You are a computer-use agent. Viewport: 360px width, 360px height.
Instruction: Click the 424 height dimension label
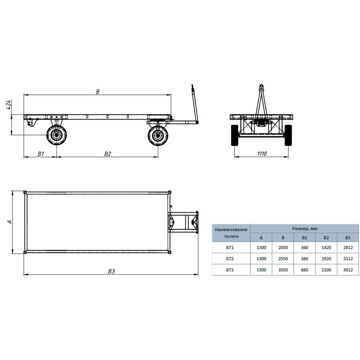pos(8,105)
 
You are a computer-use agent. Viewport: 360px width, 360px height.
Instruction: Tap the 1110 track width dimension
pos(262,154)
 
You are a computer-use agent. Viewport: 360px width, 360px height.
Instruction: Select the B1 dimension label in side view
pos(41,154)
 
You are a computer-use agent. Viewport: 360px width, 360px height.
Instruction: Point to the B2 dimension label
pos(107,154)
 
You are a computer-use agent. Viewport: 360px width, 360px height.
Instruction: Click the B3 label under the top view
pos(111,271)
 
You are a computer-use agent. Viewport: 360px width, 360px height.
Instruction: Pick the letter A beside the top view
pos(10,222)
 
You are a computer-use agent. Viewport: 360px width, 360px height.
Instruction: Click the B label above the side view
pos(98,91)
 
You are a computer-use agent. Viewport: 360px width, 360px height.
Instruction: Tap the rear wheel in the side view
pos(57,135)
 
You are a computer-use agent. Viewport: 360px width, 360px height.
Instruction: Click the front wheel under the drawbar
pos(158,136)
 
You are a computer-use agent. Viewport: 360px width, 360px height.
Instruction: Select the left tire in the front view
pos(234,135)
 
